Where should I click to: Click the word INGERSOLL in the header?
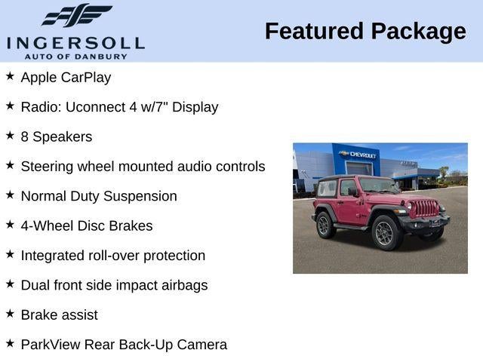(75, 42)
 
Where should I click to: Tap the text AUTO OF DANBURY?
(75, 56)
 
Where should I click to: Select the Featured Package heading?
(365, 32)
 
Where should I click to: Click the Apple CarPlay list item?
(66, 77)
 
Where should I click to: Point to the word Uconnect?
(94, 107)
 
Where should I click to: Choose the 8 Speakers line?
(57, 137)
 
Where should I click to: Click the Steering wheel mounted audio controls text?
(143, 166)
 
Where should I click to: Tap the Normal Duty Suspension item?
(99, 196)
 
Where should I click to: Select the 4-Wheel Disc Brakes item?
(87, 225)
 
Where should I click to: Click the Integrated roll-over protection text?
(112, 256)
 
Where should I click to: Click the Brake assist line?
(59, 314)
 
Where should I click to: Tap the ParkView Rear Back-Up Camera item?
(124, 345)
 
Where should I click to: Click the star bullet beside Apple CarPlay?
(10, 76)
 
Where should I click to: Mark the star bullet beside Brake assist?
(10, 314)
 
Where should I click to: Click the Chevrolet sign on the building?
(358, 155)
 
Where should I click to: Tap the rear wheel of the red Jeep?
(325, 224)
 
